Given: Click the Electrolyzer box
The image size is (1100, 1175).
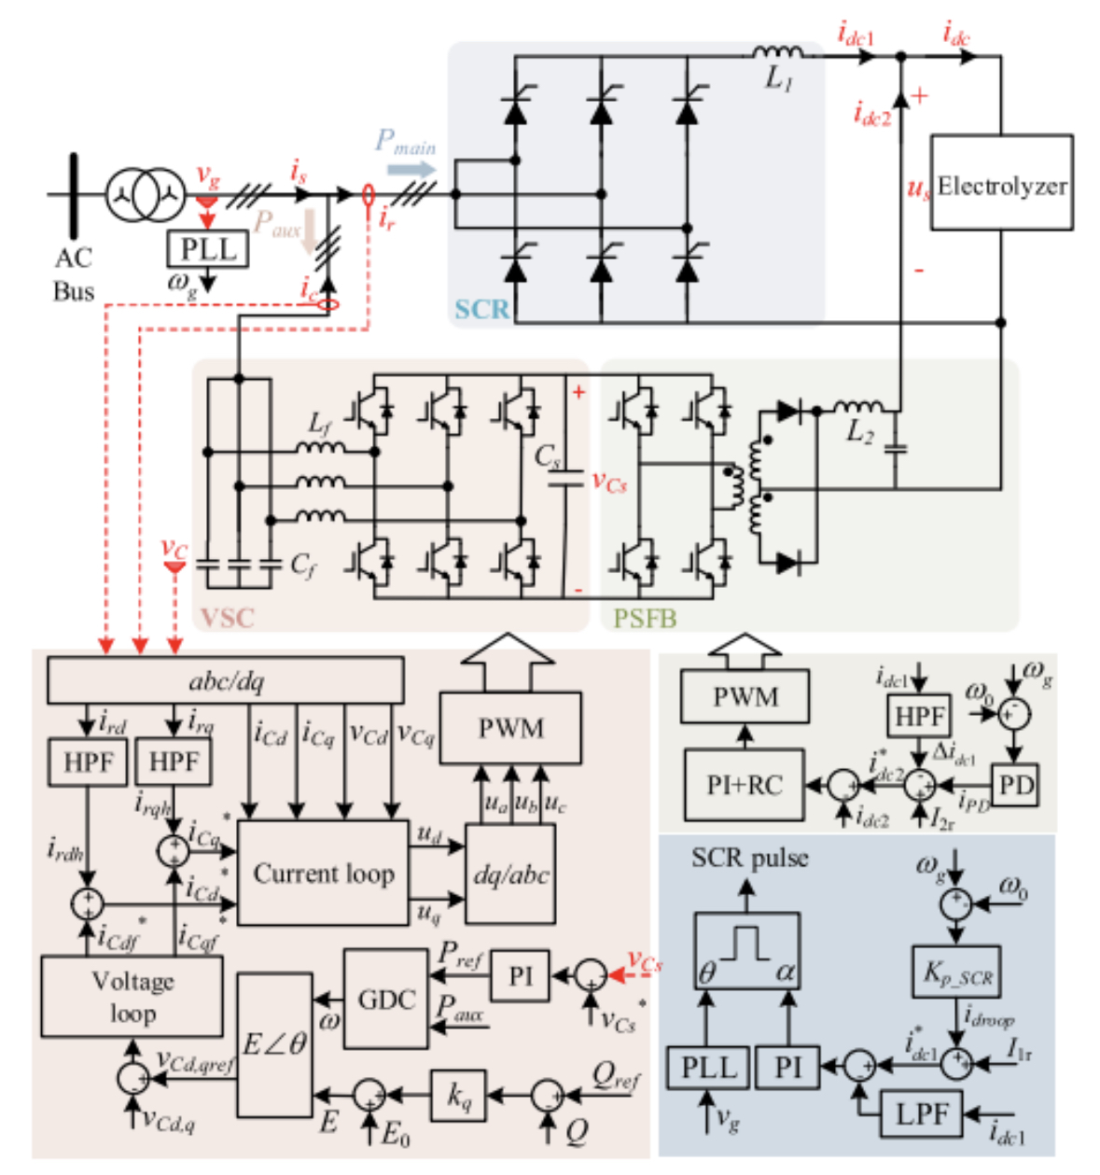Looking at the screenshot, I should pyautogui.click(x=1001, y=183).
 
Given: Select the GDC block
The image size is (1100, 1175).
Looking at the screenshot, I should pyautogui.click(x=386, y=1000).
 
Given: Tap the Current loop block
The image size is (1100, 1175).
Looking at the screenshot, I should pyautogui.click(x=324, y=874).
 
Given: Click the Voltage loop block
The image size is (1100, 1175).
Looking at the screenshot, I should pyautogui.click(x=132, y=997).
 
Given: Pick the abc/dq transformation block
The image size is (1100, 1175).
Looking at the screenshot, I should pyautogui.click(x=225, y=680).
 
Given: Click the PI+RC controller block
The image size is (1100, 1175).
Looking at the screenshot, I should pyautogui.click(x=743, y=785).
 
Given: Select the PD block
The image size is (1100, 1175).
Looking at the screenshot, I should pyautogui.click(x=1015, y=785).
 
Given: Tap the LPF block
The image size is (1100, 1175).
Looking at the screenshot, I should pyautogui.click(x=921, y=1113).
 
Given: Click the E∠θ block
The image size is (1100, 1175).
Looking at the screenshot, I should pyautogui.click(x=274, y=1042).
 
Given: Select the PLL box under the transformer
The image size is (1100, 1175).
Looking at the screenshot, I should pyautogui.click(x=208, y=249).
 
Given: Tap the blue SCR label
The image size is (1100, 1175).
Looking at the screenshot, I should pyautogui.click(x=481, y=309).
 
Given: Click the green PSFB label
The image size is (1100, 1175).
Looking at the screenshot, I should pyautogui.click(x=645, y=618).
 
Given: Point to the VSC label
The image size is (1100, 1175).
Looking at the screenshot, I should pyautogui.click(x=227, y=617).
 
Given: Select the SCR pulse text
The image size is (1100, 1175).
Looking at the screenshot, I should pyautogui.click(x=749, y=858).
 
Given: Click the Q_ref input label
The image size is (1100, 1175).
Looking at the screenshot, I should pyautogui.click(x=616, y=1079).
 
